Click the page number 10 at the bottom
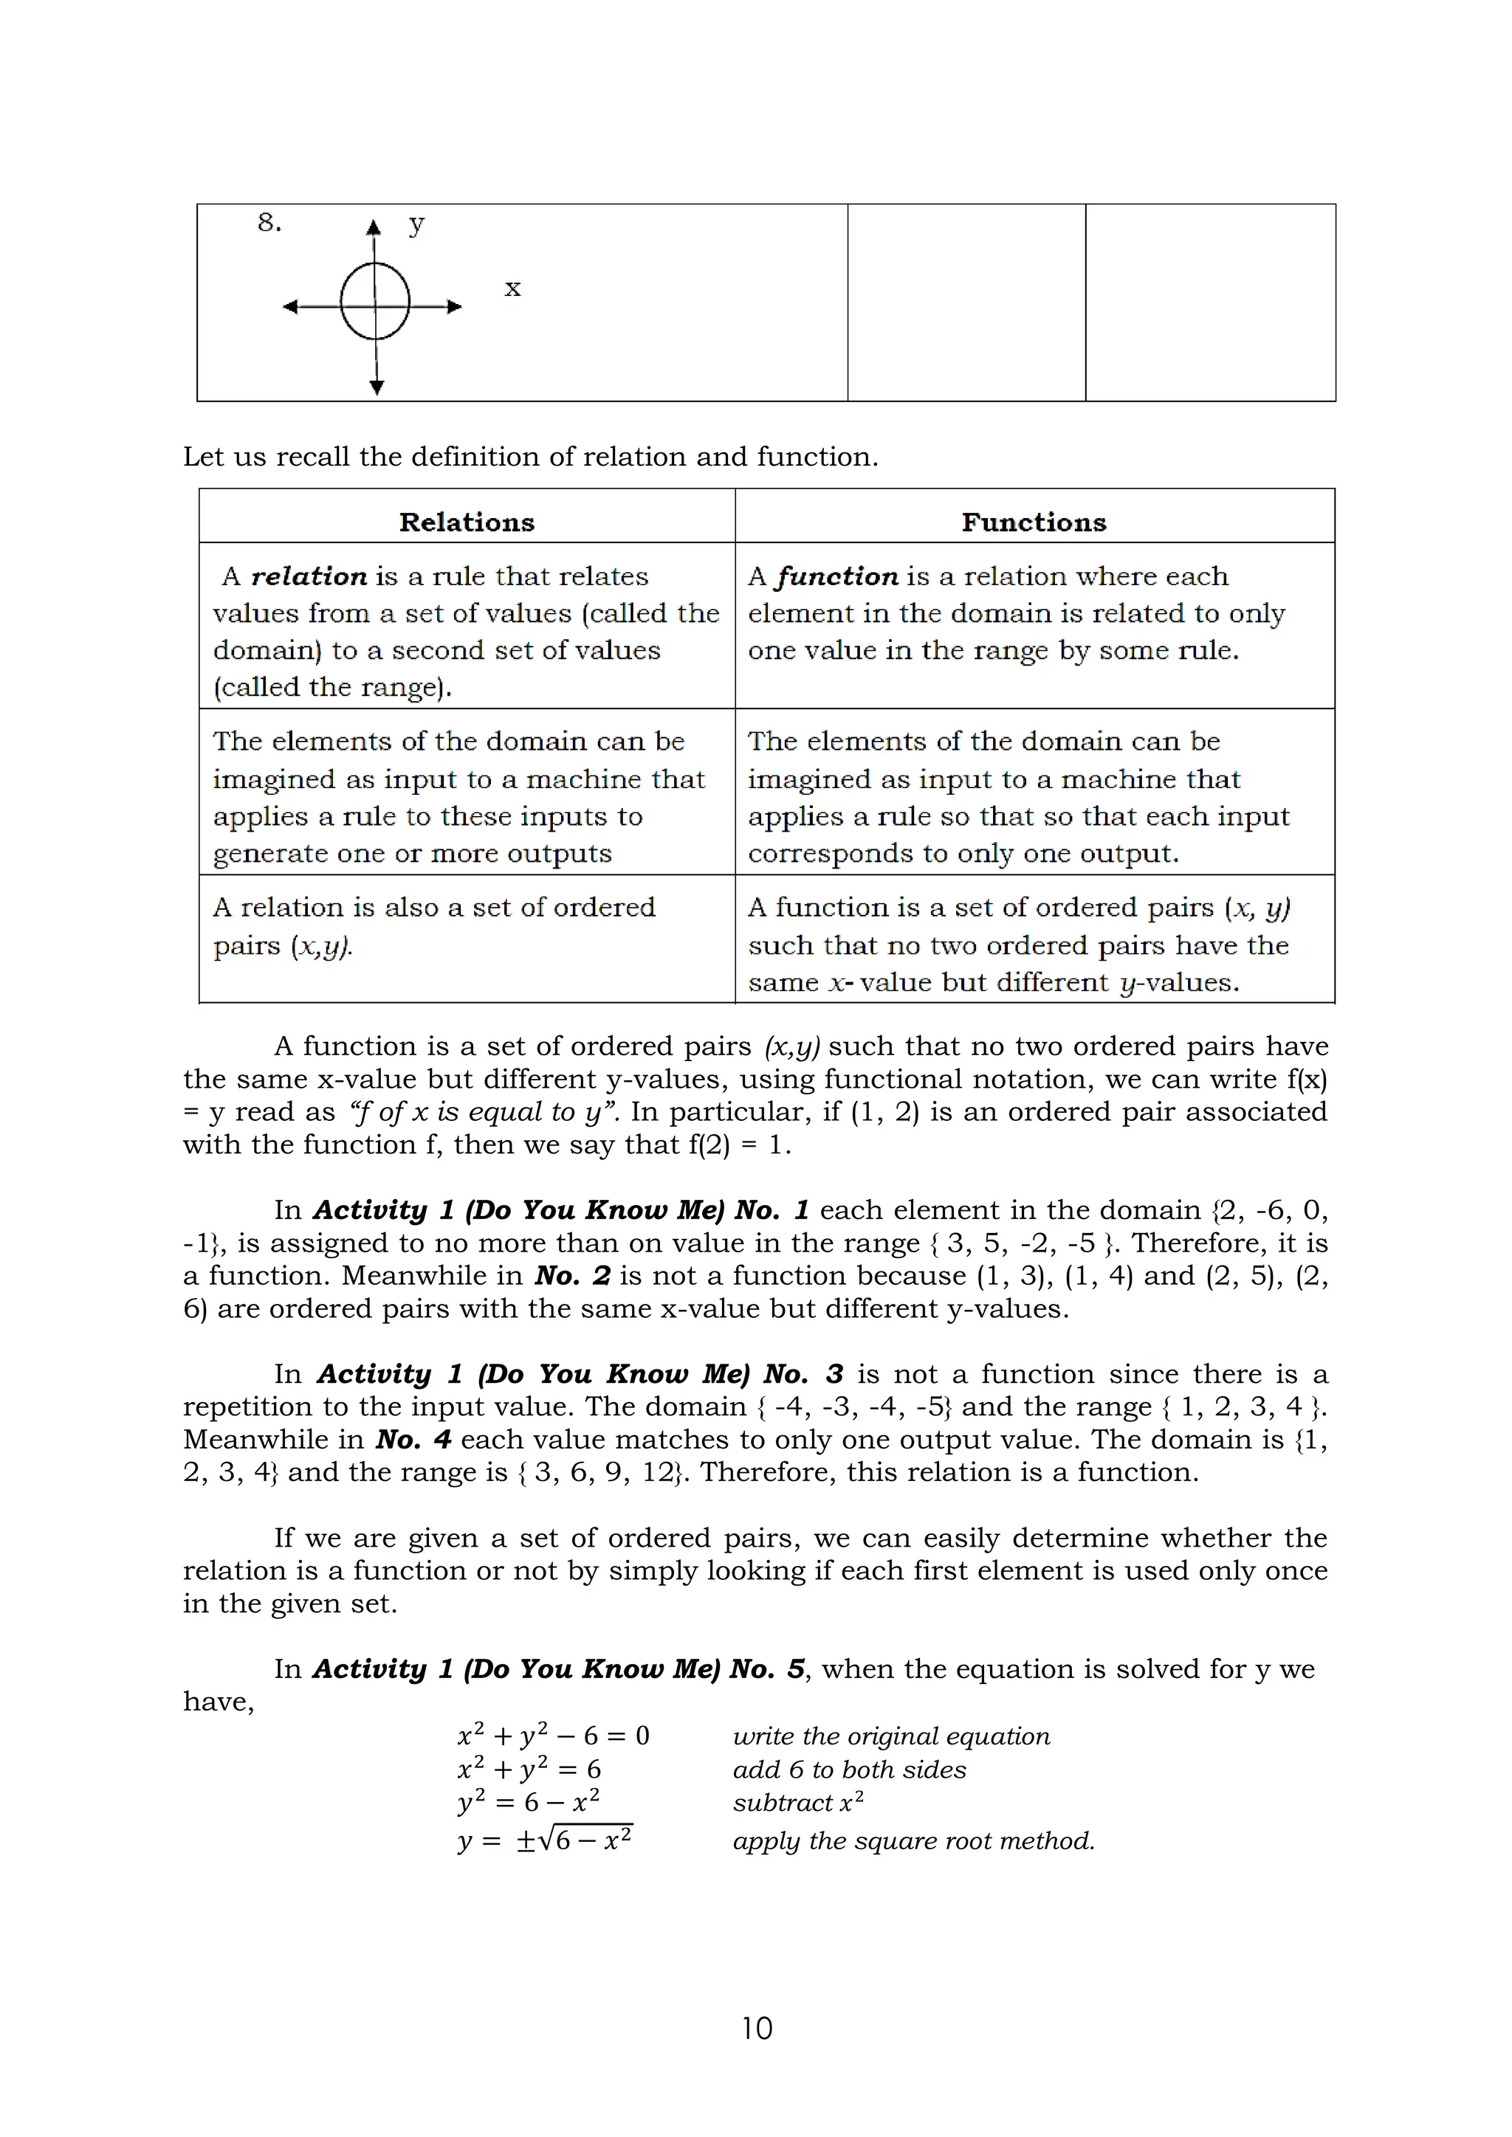tap(756, 2027)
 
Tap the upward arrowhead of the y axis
tap(374, 227)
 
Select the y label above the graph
tap(416, 224)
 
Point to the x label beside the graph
tap(512, 289)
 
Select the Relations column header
tap(467, 522)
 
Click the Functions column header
tap(1034, 522)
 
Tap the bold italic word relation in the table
tap(309, 576)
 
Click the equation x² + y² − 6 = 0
tap(553, 1736)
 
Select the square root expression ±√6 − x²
tap(574, 1840)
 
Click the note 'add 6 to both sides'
tap(849, 1770)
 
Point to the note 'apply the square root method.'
tap(913, 1840)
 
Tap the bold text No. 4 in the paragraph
tap(413, 1439)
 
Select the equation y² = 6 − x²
tap(529, 1803)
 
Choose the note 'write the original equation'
tap(891, 1736)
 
